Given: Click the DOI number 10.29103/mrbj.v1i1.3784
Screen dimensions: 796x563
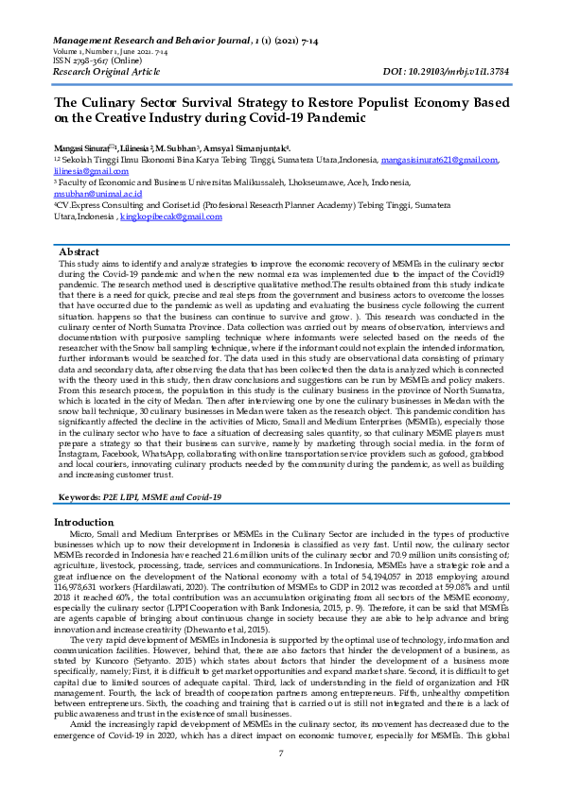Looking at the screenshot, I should pyautogui.click(x=459, y=70).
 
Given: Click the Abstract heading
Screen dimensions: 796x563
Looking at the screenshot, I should pyautogui.click(x=79, y=252).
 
